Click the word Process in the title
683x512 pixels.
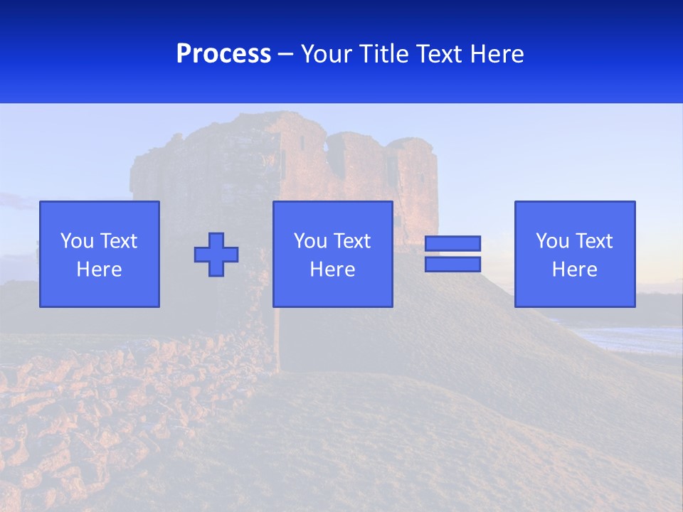[223, 54]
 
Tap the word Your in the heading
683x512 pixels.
[326, 54]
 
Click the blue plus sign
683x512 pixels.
[216, 255]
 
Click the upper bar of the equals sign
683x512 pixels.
[452, 243]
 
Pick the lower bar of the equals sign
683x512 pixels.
[452, 265]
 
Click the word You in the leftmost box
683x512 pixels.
[77, 241]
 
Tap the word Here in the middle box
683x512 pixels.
[333, 270]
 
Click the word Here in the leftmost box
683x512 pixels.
[100, 270]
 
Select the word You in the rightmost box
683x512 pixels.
[552, 241]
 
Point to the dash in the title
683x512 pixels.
[285, 54]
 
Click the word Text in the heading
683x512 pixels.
[438, 54]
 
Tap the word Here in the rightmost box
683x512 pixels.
[575, 270]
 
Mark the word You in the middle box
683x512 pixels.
[310, 241]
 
